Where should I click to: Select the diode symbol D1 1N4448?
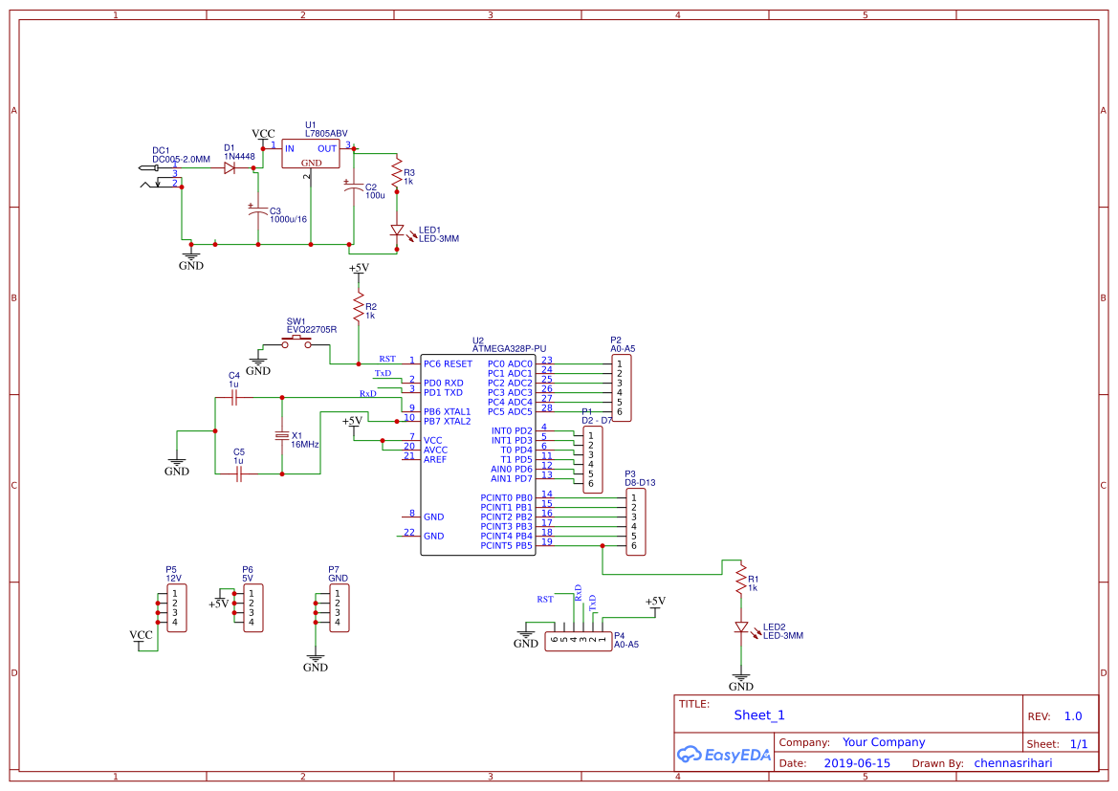coord(230,167)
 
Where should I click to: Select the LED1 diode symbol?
coord(397,231)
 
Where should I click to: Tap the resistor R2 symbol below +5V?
coord(359,307)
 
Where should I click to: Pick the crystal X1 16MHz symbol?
coord(281,436)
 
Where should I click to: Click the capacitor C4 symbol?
coord(234,397)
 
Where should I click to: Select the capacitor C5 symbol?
coord(239,472)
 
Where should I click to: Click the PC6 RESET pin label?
coord(448,364)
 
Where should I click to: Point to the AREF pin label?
coord(435,459)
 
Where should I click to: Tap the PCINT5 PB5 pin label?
coord(506,546)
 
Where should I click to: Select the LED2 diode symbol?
coord(740,627)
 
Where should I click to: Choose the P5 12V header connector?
coord(176,608)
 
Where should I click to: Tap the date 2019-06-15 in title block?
coord(857,763)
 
